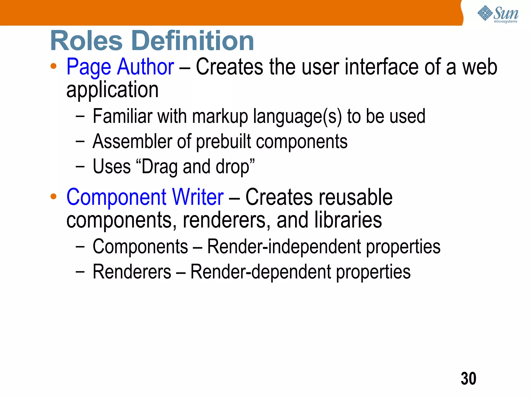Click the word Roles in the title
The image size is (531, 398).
86,41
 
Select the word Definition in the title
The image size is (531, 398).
193,41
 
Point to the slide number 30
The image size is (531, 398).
468,379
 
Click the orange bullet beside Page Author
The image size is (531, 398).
53,66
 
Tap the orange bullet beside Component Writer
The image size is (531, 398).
53,196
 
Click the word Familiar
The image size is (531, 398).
122,116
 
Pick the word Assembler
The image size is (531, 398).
131,142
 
